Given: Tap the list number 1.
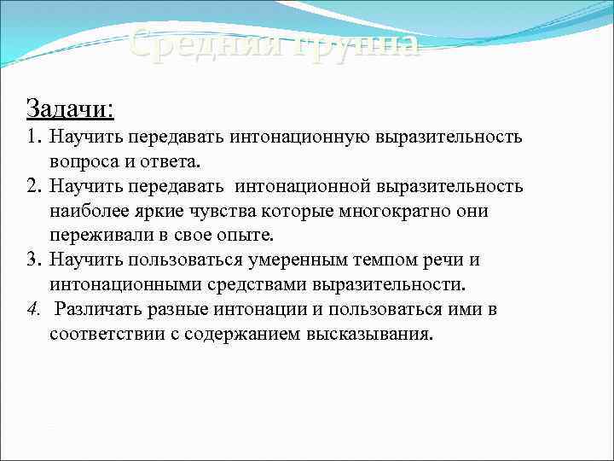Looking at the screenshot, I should click(32, 137).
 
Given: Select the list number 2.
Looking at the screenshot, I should click(32, 186).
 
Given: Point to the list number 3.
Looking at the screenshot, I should click(32, 260).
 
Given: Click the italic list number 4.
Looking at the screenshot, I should click(32, 309).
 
